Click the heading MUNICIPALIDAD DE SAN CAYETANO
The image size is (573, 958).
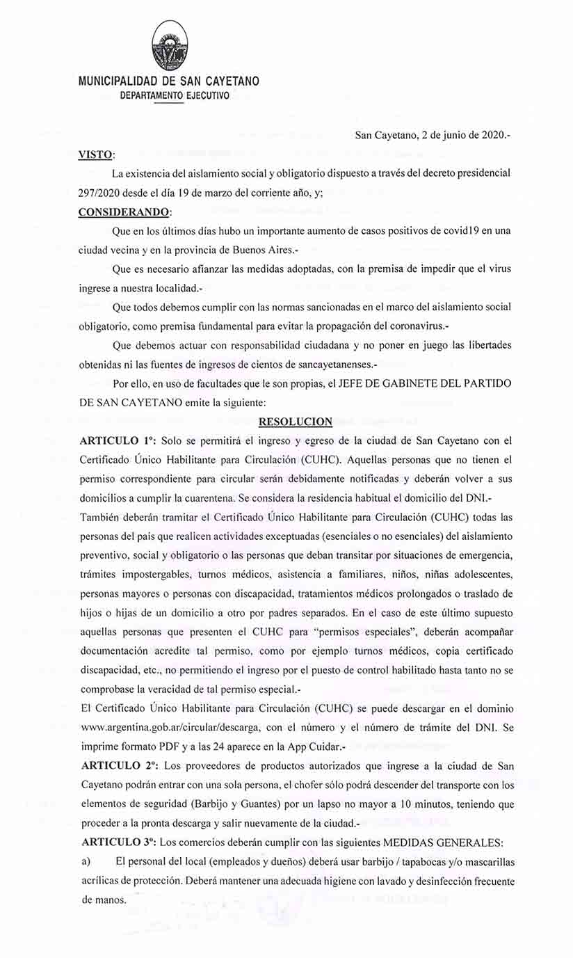tap(168, 81)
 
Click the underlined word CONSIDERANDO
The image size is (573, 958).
tap(124, 211)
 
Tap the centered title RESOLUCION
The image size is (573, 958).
tap(295, 421)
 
